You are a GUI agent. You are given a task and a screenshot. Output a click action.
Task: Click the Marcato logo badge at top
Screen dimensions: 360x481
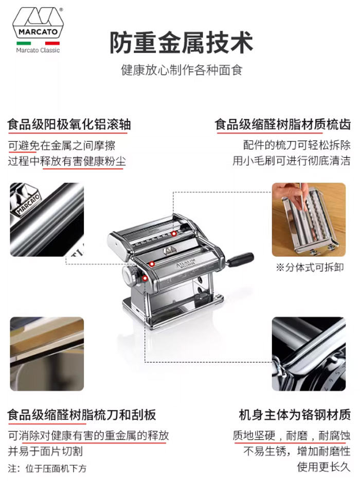38,23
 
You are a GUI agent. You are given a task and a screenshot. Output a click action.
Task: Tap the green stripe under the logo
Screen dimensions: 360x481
24,43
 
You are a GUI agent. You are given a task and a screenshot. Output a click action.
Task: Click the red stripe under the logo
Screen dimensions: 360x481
52,43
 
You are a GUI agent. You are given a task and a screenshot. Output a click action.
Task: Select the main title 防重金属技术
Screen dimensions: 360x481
181,42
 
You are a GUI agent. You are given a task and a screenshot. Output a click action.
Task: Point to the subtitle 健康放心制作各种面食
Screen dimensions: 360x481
182,70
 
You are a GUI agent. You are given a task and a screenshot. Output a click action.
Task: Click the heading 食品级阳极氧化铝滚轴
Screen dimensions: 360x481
69,124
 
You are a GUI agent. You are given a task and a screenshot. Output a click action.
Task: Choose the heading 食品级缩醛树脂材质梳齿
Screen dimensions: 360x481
282,124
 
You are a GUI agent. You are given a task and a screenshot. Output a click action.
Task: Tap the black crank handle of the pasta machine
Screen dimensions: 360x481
240,259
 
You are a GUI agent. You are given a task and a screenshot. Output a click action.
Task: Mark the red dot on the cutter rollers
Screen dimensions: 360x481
174,234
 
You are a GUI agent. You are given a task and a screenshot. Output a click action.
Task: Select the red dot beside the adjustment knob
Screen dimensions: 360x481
145,278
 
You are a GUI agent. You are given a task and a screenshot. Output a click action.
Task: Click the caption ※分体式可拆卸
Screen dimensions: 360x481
310,267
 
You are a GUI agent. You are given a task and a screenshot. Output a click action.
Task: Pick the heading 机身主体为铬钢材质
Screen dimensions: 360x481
295,415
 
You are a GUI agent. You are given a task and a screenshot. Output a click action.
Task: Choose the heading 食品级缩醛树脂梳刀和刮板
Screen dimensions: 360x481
82,415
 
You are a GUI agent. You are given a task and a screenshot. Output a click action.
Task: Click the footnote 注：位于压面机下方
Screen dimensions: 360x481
47,468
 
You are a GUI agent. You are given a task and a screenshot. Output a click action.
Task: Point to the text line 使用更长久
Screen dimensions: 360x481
323,467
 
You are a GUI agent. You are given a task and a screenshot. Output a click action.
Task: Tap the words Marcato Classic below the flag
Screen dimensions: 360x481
38,50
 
